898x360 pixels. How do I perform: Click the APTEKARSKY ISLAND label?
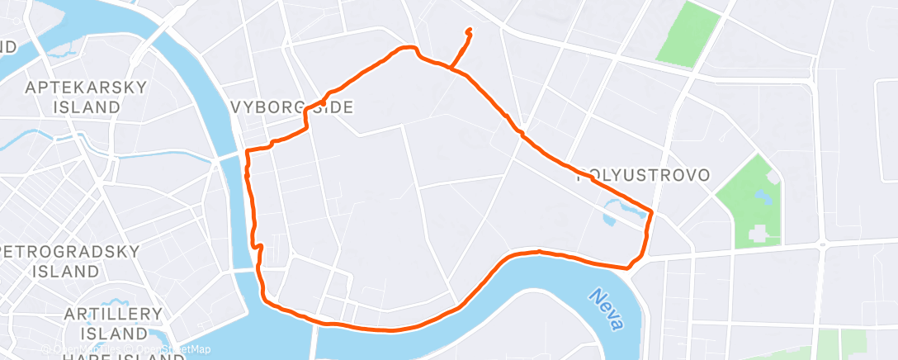[x=86, y=97]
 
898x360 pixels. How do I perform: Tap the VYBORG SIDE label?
[x=292, y=107]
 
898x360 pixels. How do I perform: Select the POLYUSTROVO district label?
[x=644, y=175]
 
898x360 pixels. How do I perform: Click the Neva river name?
[x=607, y=309]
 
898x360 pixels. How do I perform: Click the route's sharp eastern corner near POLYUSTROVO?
[x=652, y=212]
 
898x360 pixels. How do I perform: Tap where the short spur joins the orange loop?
[x=451, y=68]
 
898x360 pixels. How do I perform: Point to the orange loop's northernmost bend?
[x=407, y=48]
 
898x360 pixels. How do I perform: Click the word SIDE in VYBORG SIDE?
[x=333, y=107]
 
